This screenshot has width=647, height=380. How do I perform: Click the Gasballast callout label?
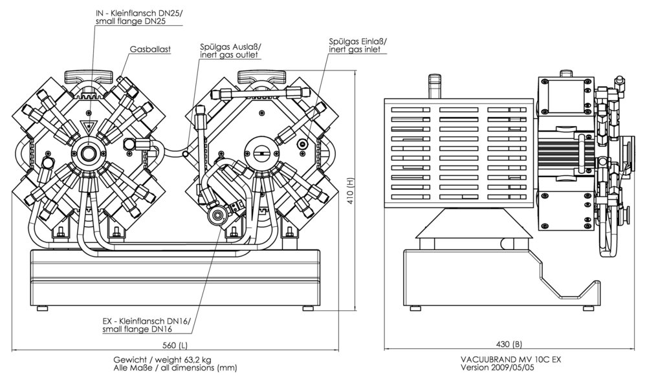point(149,48)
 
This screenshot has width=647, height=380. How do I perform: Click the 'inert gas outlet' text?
point(229,55)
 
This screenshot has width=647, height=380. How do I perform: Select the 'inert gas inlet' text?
point(355,49)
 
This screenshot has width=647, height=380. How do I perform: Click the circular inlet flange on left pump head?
point(87,154)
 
